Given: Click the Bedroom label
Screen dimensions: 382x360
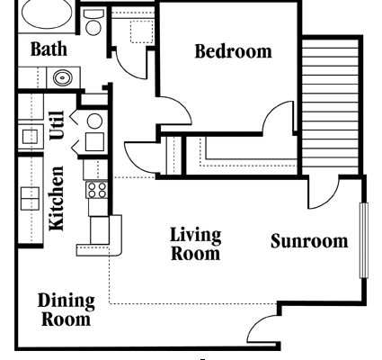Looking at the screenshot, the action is click(234, 51).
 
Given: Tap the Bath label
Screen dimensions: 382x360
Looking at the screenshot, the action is click(49, 49).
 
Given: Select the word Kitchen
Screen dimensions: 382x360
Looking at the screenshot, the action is click(57, 198).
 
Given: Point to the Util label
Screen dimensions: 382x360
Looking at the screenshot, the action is click(57, 125).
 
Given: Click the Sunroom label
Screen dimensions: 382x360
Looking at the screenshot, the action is click(309, 241).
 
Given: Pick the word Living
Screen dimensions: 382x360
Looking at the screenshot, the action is click(196, 236).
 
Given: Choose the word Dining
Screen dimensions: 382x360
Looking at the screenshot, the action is click(67, 301).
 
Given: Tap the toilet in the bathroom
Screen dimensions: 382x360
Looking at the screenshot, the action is click(93, 22).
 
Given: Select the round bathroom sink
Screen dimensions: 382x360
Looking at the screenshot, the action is click(63, 78).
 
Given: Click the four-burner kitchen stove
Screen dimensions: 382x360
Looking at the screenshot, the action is click(96, 190).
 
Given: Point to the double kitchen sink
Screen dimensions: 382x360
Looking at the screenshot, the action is click(30, 198).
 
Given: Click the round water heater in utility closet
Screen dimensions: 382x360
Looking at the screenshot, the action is click(94, 121).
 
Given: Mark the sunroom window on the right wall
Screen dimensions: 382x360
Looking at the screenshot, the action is click(363, 240).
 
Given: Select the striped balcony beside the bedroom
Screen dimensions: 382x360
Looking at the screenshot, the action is click(331, 106).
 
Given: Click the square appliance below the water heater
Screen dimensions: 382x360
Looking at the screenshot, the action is click(94, 141).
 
